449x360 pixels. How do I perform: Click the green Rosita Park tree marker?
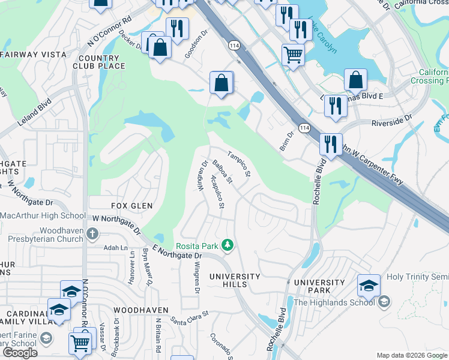point(228,245)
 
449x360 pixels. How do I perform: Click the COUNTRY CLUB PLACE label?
point(101,62)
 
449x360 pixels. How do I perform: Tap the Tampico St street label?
point(239,164)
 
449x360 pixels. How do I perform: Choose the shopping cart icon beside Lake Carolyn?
point(293,55)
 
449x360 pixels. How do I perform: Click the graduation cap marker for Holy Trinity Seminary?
point(369,286)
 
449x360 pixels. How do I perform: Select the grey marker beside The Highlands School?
point(385,301)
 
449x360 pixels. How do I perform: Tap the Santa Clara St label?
point(190,317)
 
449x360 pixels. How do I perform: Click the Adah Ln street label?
point(116,247)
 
